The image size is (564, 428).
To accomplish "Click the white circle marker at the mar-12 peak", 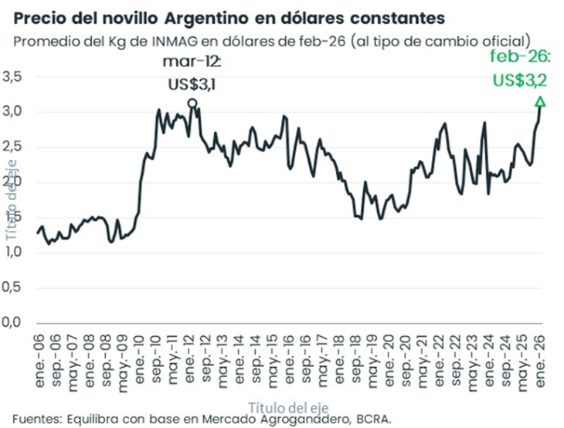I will coord(192,103).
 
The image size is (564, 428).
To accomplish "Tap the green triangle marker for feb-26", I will coord(540,101).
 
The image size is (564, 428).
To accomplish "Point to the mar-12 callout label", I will coord(192,61).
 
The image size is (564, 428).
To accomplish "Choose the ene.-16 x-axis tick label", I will coord(288,352).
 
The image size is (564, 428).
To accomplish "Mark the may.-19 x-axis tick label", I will coord(371,352).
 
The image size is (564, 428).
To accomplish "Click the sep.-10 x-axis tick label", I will coord(156,352).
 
